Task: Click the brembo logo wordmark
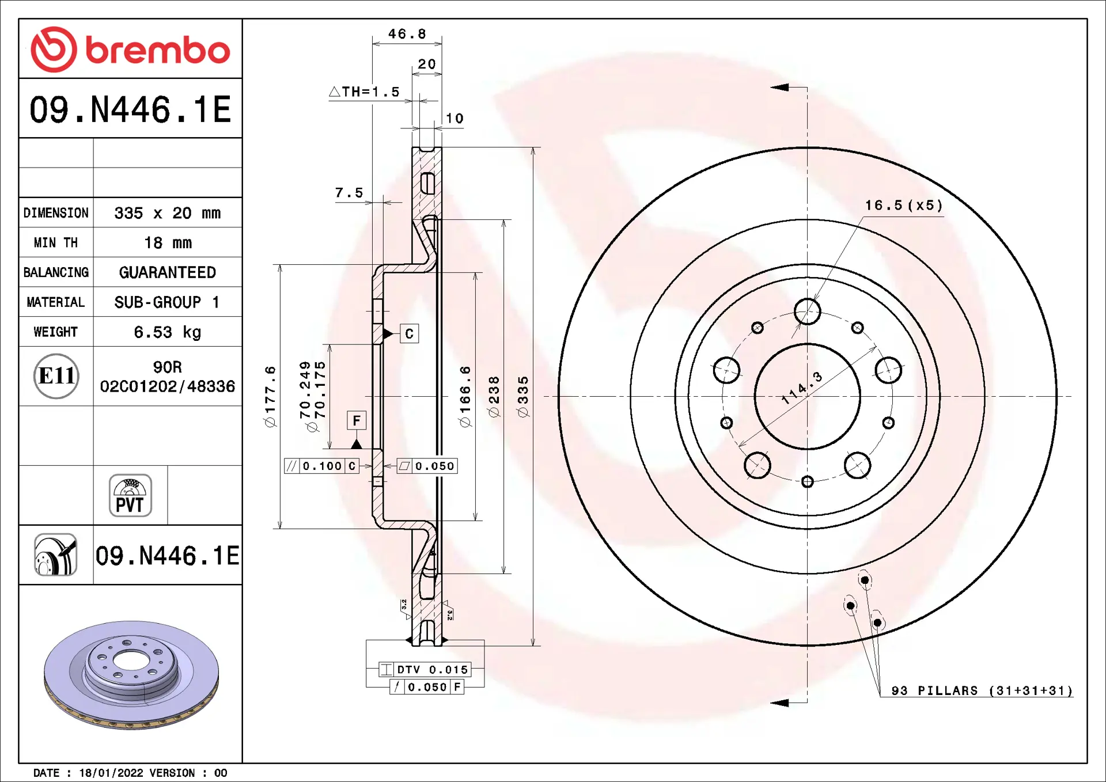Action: [x=157, y=50]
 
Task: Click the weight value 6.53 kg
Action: [x=168, y=332]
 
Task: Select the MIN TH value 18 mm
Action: [x=168, y=243]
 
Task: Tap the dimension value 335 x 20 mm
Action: [x=168, y=213]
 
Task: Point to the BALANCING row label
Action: [x=56, y=272]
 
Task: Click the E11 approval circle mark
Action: [x=56, y=376]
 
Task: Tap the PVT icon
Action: [x=130, y=495]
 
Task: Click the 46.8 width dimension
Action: [x=407, y=34]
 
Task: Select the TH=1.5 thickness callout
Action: [x=364, y=92]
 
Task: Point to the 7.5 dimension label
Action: [x=349, y=192]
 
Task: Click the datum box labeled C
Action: [x=409, y=334]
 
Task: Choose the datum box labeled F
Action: [x=357, y=420]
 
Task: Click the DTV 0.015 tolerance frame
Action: [x=425, y=670]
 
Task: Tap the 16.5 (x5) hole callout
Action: [x=904, y=206]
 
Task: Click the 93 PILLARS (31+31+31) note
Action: [x=982, y=690]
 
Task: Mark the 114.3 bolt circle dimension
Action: [x=801, y=389]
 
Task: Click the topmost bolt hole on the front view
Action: [x=808, y=312]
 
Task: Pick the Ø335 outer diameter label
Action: [x=523, y=397]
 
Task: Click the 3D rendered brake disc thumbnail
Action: [x=131, y=675]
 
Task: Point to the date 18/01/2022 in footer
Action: [x=111, y=773]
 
